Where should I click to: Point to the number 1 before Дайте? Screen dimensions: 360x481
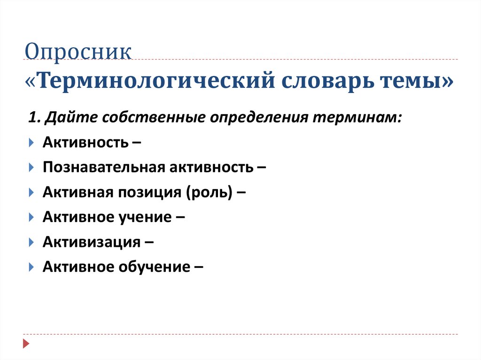[x=31, y=116]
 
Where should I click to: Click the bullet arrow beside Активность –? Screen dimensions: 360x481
[x=31, y=142]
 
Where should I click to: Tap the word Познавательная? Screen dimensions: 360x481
[x=100, y=167]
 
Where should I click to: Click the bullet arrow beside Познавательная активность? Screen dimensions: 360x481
[x=31, y=167]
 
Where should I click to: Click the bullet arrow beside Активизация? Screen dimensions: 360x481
[x=31, y=242]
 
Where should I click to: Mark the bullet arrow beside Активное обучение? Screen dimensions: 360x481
[x=31, y=268]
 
